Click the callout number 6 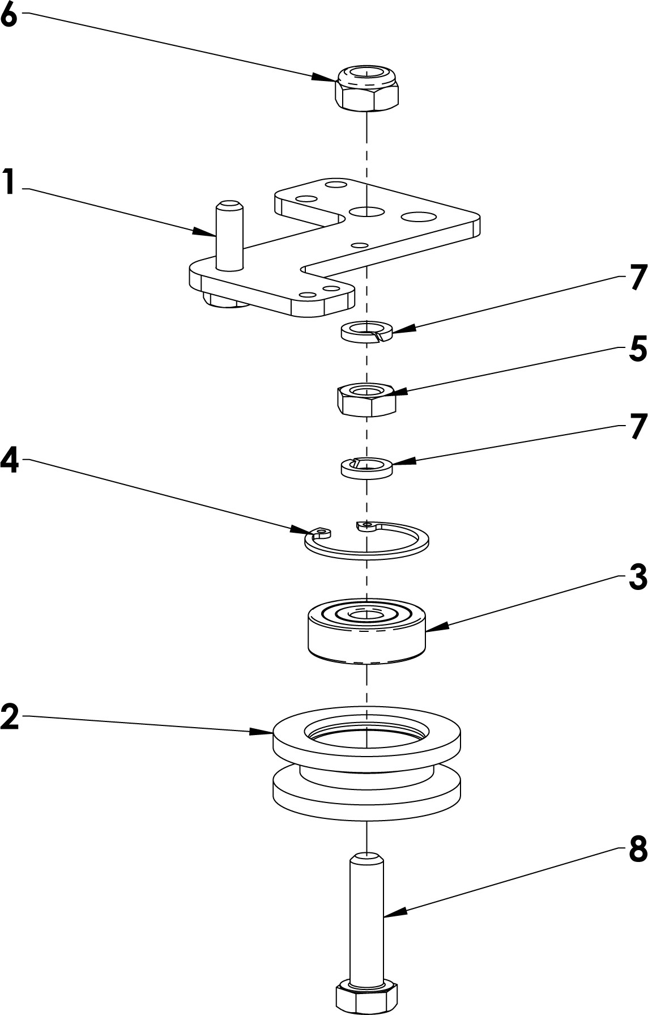(9, 15)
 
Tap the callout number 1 (8, 182)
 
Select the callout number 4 (9, 462)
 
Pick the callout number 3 (637, 577)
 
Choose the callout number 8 (638, 850)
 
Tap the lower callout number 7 (638, 426)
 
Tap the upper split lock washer (366, 331)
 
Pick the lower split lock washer (367, 468)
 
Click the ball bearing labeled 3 (367, 630)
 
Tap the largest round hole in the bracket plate (418, 216)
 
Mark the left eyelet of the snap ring (322, 532)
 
